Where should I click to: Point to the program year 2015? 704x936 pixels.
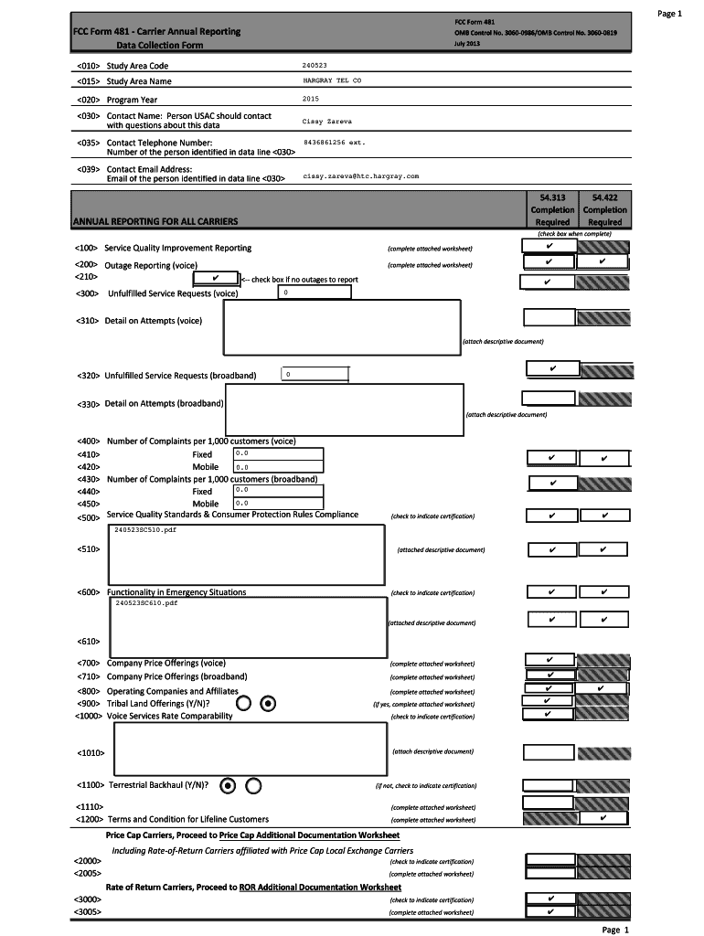(x=311, y=99)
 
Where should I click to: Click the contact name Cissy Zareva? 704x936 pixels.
(x=326, y=121)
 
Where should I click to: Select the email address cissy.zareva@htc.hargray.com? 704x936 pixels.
(x=360, y=175)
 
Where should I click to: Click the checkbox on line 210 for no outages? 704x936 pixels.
(x=214, y=278)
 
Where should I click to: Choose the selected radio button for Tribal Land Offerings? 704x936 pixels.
(x=269, y=704)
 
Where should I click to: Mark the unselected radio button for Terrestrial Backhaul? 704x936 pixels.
(x=254, y=785)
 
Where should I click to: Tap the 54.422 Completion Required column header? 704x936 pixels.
(x=605, y=209)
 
